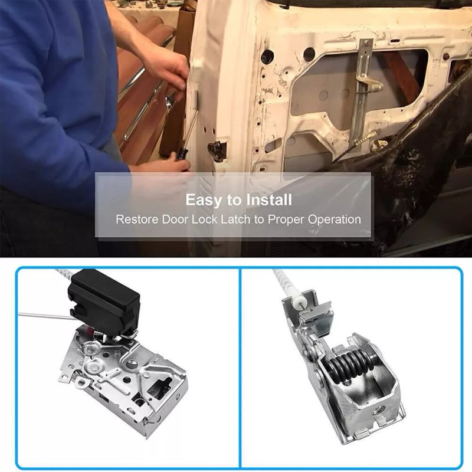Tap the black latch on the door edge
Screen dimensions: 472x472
coord(217,151)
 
